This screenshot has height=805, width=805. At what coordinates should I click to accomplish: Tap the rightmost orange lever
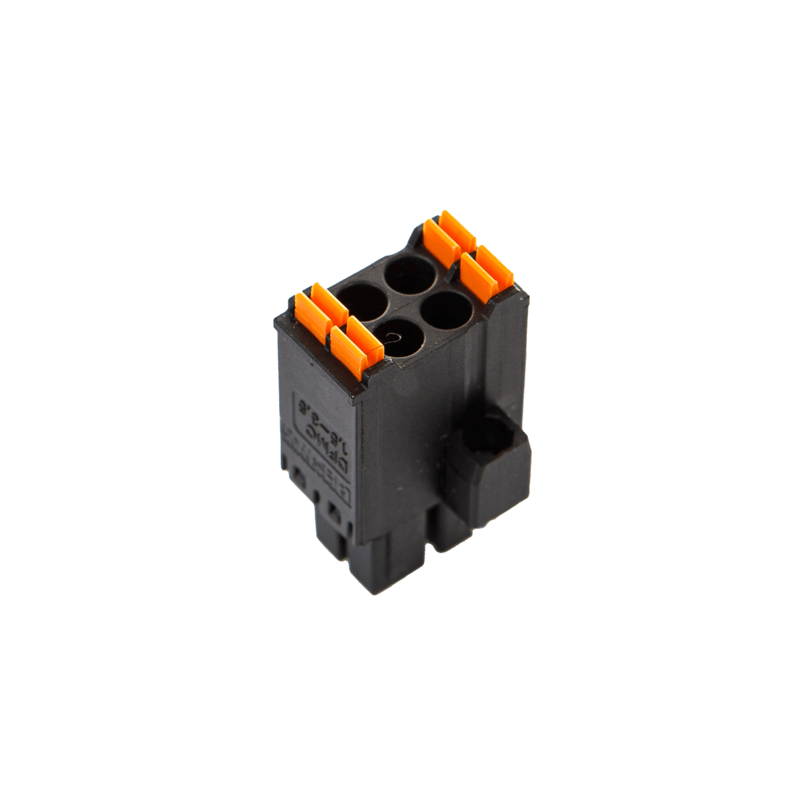pyautogui.click(x=488, y=271)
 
